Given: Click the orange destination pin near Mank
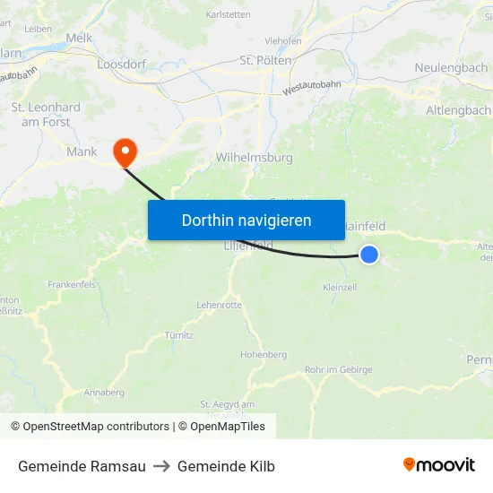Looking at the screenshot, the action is click(x=124, y=151).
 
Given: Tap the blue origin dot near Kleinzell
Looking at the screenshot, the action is click(x=368, y=255).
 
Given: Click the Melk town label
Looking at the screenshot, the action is click(x=79, y=38).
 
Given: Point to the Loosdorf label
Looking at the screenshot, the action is click(x=121, y=65).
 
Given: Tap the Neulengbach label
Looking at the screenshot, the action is click(x=451, y=68).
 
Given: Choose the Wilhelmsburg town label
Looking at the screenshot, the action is click(x=255, y=157).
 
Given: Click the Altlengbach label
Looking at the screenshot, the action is click(x=458, y=109).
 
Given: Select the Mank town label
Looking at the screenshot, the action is click(x=82, y=151).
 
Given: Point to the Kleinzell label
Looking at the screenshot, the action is click(x=340, y=287).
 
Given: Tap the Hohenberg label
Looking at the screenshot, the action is click(x=263, y=355).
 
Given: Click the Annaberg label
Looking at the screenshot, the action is click(x=104, y=393).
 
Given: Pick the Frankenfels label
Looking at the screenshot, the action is click(x=72, y=284).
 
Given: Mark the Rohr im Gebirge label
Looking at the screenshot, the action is click(x=338, y=369).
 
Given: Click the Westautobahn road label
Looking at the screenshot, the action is click(x=311, y=87).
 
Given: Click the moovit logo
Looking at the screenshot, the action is click(x=439, y=465).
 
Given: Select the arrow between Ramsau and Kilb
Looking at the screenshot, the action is click(x=161, y=466).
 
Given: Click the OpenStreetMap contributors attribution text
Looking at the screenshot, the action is click(x=90, y=427).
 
